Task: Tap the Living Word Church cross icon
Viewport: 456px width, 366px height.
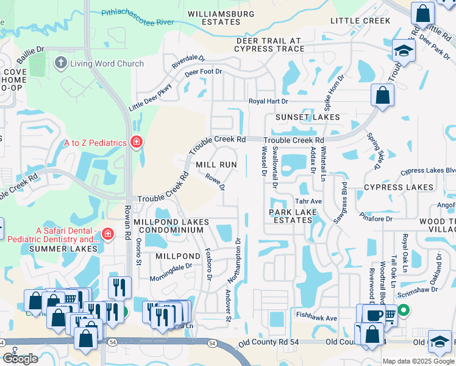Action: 60,63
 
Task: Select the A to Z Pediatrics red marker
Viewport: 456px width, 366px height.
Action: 136,143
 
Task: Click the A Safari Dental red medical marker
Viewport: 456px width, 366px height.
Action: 108,234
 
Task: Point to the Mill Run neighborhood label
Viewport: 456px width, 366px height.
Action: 216,165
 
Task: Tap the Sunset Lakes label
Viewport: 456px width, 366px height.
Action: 307,117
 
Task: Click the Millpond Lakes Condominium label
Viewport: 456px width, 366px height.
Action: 171,226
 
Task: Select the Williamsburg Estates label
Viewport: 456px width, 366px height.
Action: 214,17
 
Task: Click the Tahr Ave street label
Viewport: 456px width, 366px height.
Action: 308,201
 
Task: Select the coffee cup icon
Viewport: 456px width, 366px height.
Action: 374,315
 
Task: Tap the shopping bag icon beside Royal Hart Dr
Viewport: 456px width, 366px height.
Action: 382,96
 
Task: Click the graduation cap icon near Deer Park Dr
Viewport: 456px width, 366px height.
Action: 404,50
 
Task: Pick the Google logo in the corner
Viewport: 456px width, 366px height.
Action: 20,359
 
